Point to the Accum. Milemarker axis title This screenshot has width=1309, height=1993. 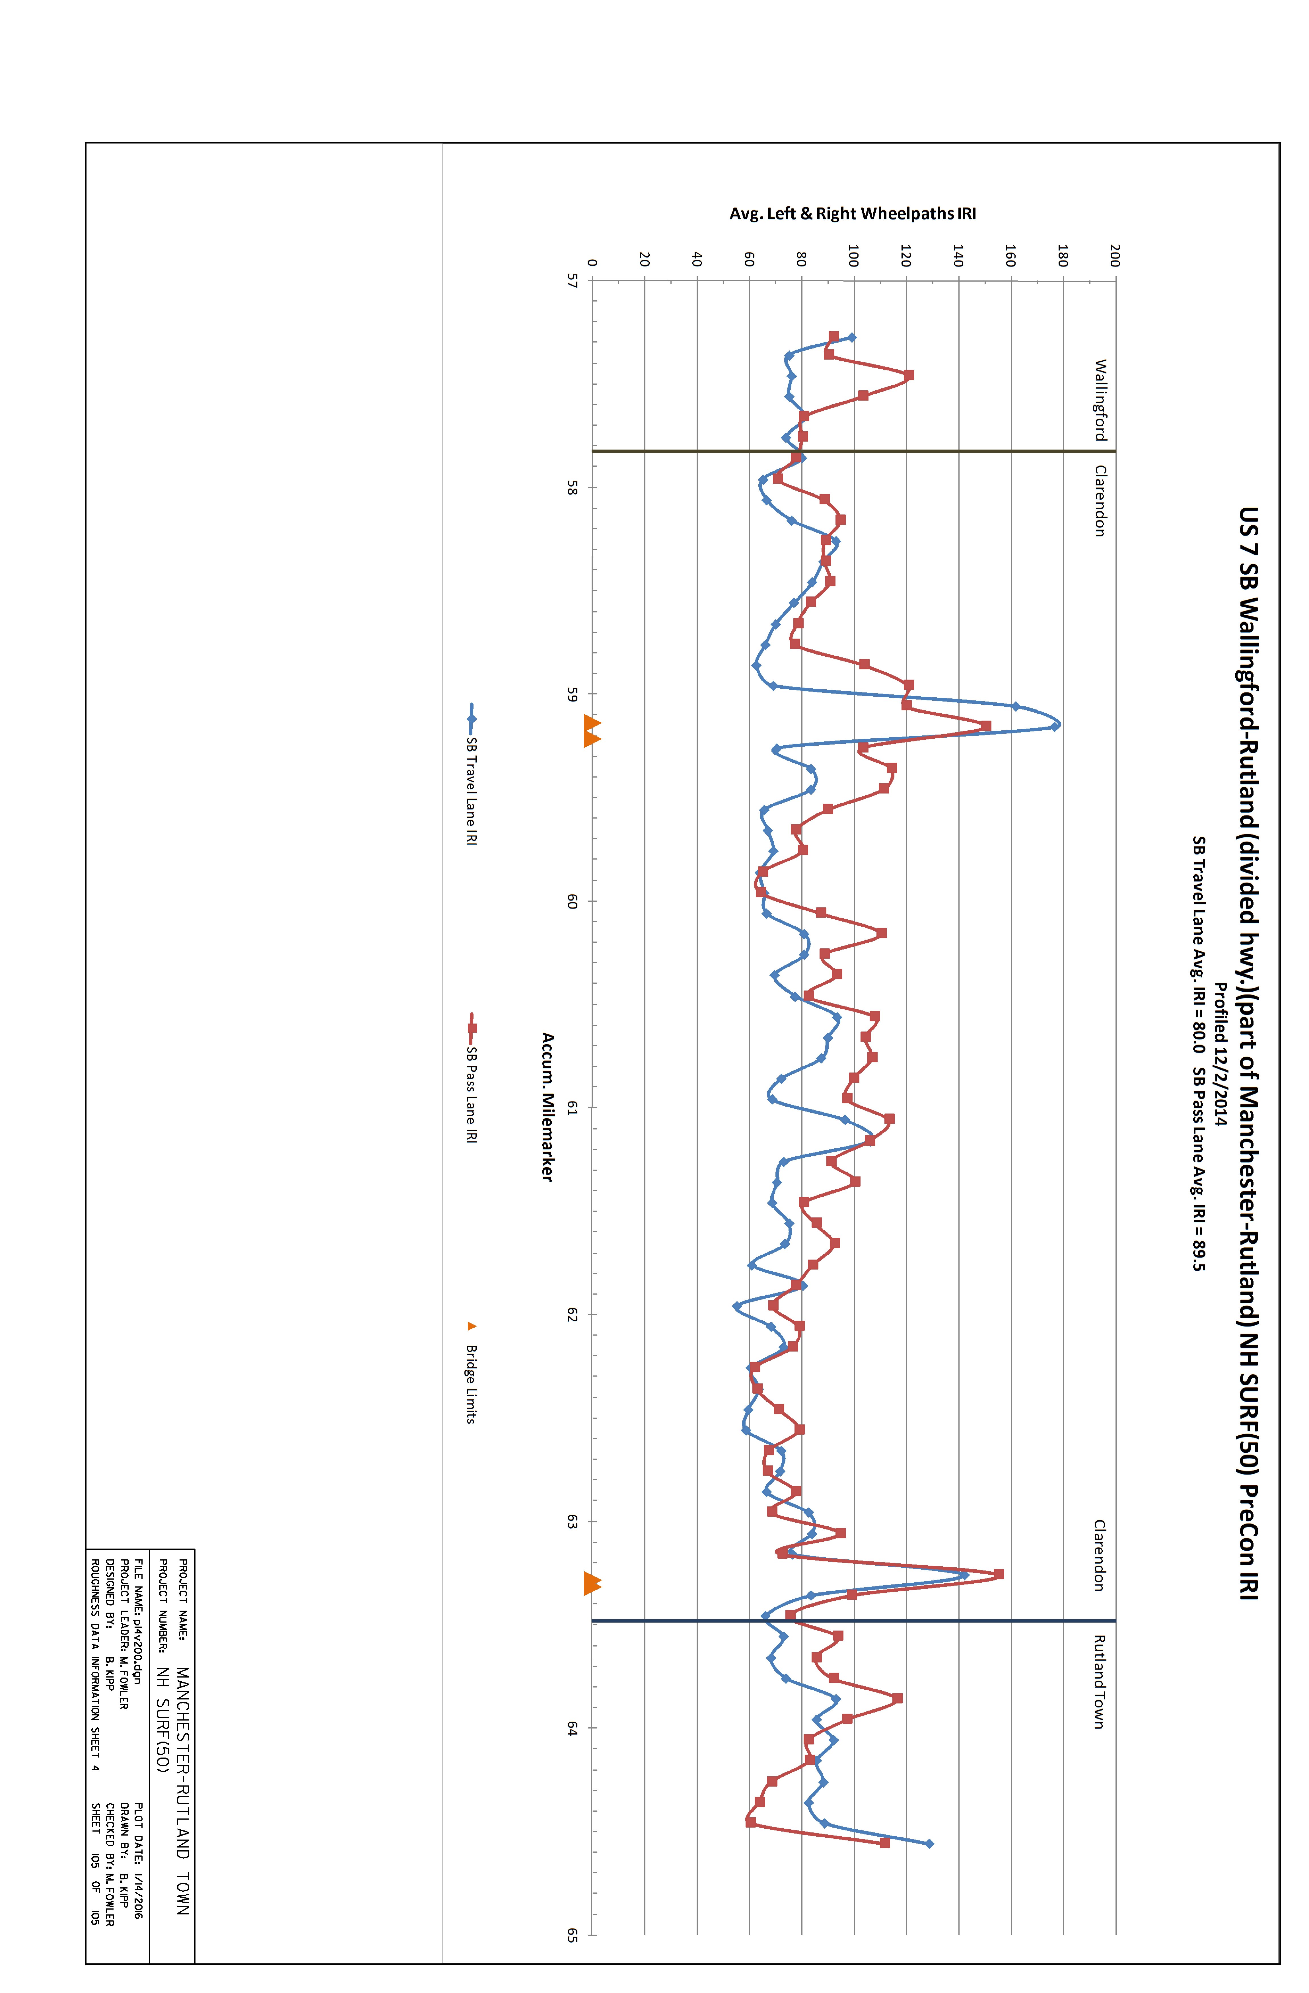click(x=547, y=1107)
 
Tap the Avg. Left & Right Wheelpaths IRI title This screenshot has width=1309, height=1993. click(x=853, y=214)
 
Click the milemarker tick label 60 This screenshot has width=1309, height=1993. click(x=573, y=901)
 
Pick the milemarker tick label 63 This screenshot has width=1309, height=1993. click(x=573, y=1522)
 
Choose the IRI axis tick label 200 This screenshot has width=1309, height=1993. click(x=1114, y=255)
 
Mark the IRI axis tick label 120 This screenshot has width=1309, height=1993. click(x=905, y=255)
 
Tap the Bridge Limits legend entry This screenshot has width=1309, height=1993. click(x=471, y=1373)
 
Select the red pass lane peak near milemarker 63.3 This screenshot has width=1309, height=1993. click(x=999, y=1574)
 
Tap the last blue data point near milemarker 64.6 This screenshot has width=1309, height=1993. click(x=929, y=1843)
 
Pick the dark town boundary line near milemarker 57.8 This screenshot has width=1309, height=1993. click(x=854, y=451)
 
